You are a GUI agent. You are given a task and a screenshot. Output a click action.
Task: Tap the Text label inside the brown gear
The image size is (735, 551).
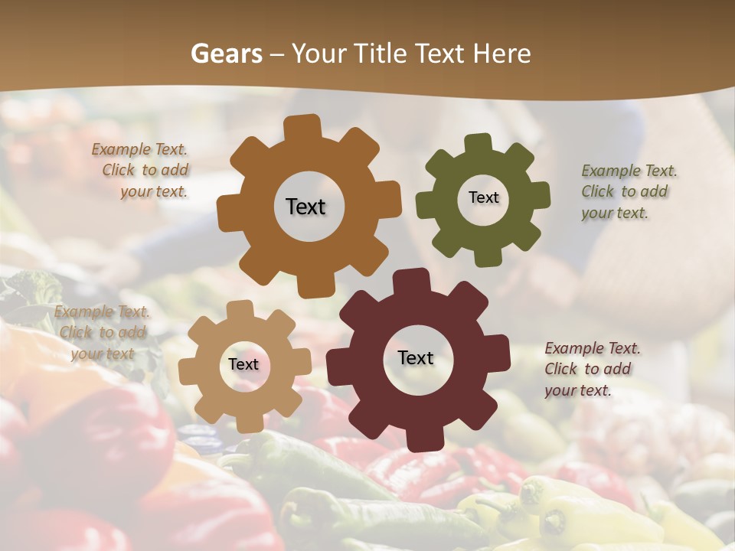(305, 207)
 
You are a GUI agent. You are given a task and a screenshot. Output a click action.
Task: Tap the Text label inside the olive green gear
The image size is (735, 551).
(483, 197)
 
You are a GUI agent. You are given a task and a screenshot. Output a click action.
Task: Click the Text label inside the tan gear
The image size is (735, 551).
(243, 365)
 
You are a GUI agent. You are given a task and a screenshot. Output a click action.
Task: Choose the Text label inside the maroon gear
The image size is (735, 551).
(416, 358)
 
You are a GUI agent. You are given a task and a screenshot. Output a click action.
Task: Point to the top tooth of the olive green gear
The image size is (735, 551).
(479, 144)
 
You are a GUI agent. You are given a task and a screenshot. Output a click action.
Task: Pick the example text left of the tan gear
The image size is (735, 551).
(102, 332)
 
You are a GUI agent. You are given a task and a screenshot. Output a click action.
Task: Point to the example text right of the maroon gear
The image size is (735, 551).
(590, 369)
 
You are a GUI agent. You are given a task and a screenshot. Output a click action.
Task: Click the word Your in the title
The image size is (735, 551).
(313, 54)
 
